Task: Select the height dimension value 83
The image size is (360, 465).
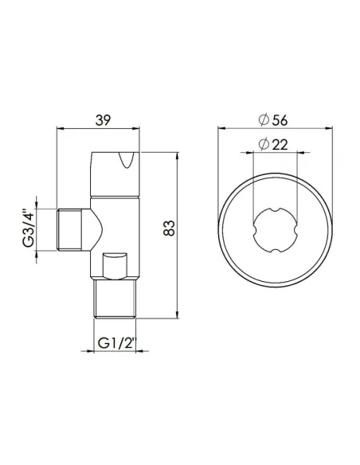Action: click(x=168, y=230)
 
